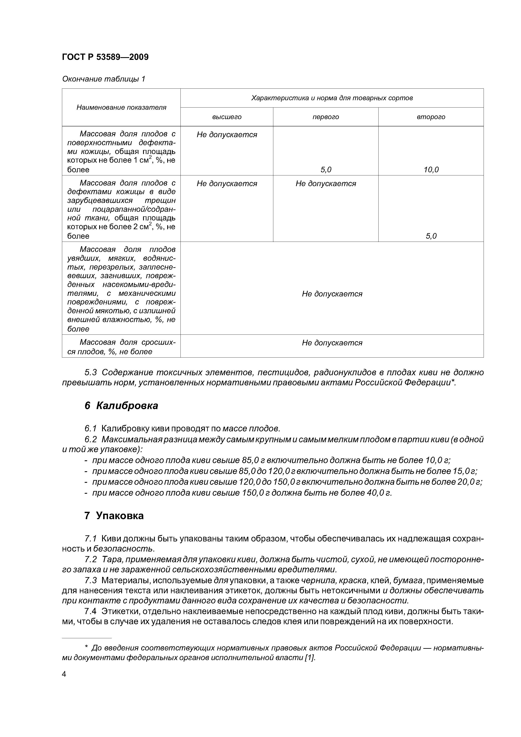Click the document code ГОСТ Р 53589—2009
point(105,57)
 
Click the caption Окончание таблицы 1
point(103,79)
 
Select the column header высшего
point(227,117)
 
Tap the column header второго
point(431,117)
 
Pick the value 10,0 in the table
point(431,170)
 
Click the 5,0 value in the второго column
point(431,236)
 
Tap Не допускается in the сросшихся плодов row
point(332,343)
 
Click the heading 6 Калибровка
point(121,406)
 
